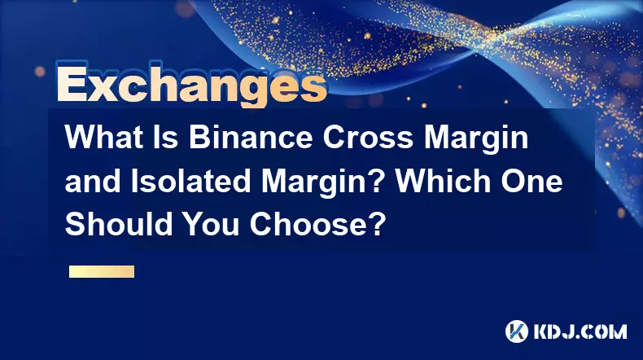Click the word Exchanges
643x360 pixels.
tap(192, 84)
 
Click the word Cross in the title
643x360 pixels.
tap(368, 137)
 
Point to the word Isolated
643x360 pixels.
tap(190, 181)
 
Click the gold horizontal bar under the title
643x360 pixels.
tap(102, 272)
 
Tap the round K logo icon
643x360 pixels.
tap(517, 331)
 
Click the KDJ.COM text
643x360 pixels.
tap(580, 331)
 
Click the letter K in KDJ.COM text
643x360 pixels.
tap(541, 331)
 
